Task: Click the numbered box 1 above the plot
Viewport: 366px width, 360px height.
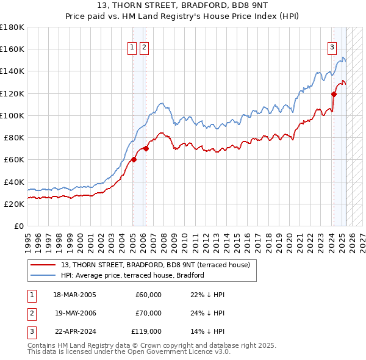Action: point(132,49)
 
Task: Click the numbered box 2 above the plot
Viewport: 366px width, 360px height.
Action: point(144,49)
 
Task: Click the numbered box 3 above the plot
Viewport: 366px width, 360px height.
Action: point(332,49)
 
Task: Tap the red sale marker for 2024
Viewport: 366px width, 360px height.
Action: point(334,93)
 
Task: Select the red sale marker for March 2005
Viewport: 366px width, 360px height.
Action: point(134,160)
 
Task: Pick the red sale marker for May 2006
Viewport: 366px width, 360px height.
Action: point(146,148)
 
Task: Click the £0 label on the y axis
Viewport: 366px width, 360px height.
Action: point(20,226)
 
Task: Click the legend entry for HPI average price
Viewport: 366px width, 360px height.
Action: point(132,276)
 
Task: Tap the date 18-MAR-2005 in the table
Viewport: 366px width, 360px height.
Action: point(74,295)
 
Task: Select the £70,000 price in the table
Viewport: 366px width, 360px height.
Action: point(148,314)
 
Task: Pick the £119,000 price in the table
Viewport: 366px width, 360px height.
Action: point(147,333)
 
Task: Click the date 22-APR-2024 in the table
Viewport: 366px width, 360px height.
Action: point(74,333)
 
